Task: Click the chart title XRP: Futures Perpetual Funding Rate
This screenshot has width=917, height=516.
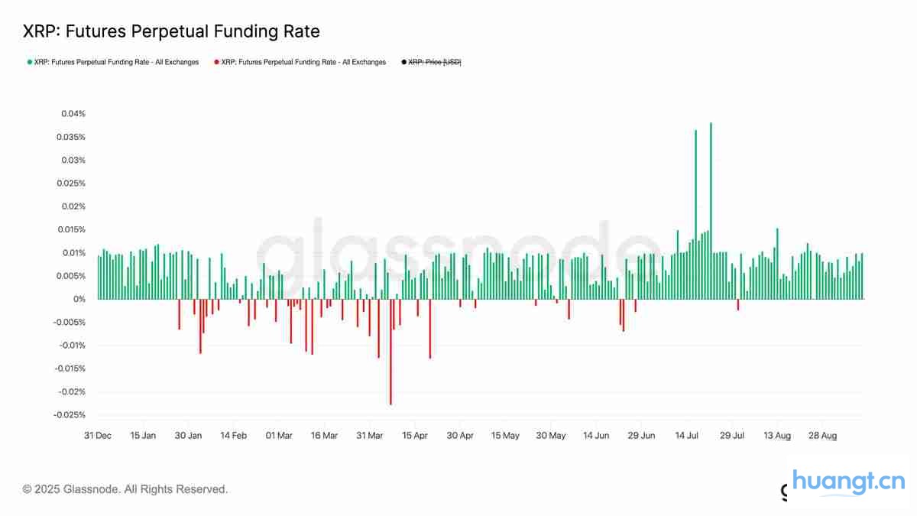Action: coord(171,31)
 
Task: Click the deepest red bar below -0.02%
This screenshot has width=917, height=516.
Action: coord(390,352)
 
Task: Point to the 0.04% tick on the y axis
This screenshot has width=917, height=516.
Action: coord(74,114)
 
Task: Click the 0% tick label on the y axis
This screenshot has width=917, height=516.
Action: coord(79,299)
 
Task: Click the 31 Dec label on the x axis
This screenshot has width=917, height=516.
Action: coord(98,436)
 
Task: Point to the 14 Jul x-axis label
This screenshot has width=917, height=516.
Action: coord(687,436)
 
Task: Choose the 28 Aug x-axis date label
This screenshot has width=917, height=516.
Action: coord(822,436)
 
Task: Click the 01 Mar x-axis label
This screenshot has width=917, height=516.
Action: coord(279,436)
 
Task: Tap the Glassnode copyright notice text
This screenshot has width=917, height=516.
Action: coord(125,489)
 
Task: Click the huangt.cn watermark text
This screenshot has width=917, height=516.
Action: coord(848,482)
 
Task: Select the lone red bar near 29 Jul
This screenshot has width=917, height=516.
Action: coord(738,304)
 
